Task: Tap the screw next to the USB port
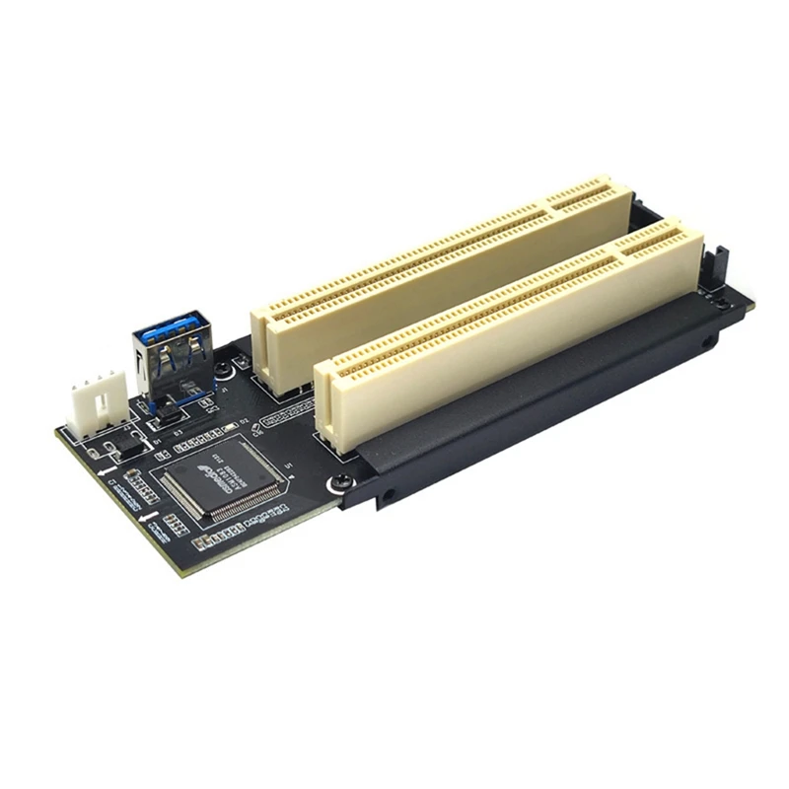click(x=224, y=368)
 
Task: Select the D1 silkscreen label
click(x=157, y=443)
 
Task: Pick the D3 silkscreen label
click(x=178, y=433)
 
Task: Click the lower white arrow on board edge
click(x=149, y=517)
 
